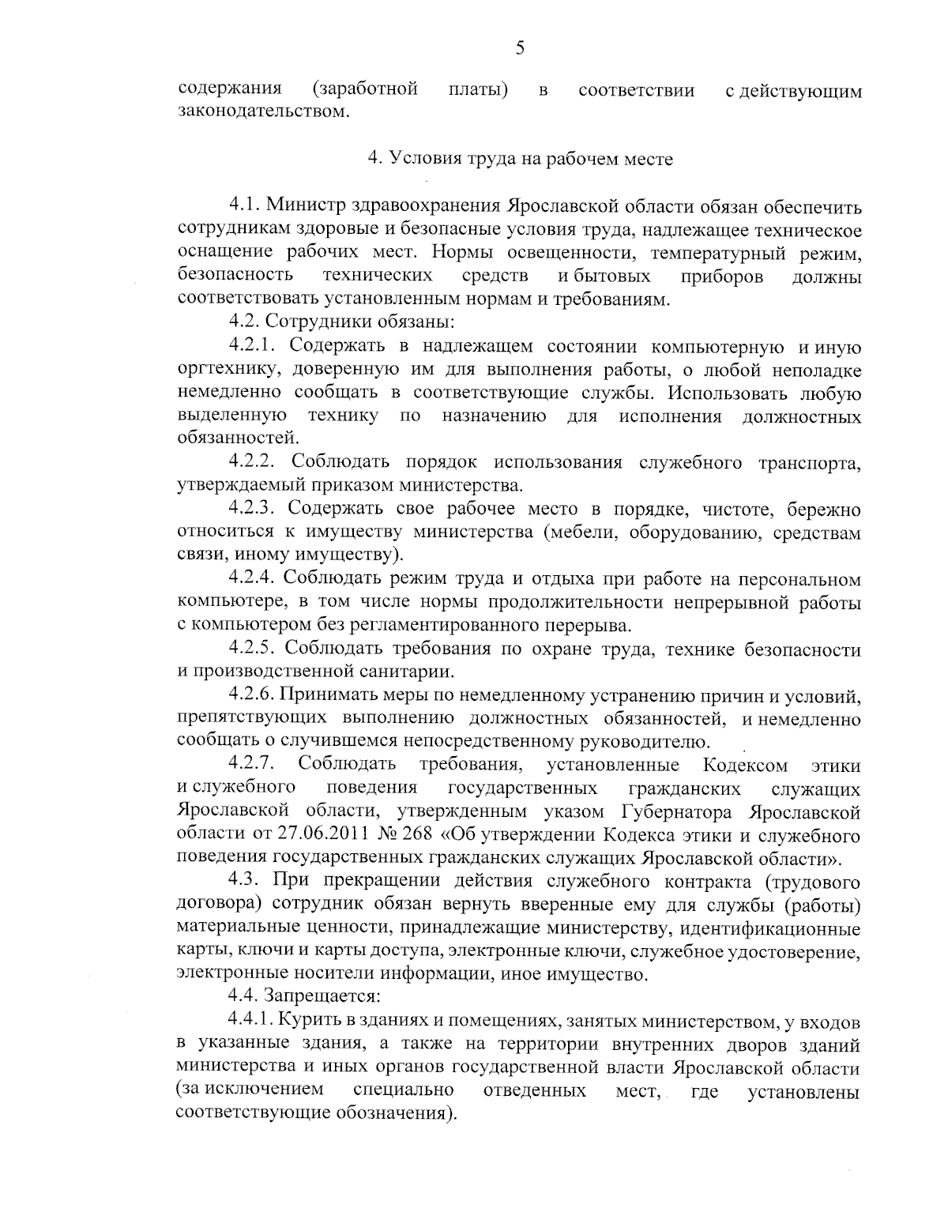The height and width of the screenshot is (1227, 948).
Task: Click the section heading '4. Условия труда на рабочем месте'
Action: [x=521, y=159]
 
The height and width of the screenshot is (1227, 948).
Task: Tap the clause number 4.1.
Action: [x=244, y=207]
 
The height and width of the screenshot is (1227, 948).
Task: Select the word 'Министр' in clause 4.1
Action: [x=303, y=207]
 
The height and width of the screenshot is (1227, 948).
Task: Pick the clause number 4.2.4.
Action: [x=252, y=580]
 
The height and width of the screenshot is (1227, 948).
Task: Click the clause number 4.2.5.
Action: [x=252, y=649]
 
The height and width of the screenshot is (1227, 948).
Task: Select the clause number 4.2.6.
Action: [x=251, y=696]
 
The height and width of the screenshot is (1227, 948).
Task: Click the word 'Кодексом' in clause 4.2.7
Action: [x=744, y=766]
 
